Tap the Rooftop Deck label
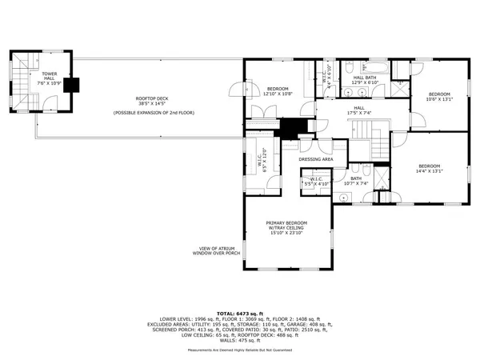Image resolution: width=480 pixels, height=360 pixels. click(150, 101)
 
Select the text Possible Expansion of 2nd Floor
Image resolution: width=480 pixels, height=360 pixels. click(150, 113)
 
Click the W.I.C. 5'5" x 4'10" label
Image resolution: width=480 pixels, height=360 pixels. click(310, 182)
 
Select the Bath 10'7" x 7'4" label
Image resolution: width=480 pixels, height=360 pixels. click(356, 181)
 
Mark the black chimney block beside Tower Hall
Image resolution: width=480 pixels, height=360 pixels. click(70, 86)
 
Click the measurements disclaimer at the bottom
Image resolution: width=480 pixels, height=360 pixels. click(240, 350)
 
